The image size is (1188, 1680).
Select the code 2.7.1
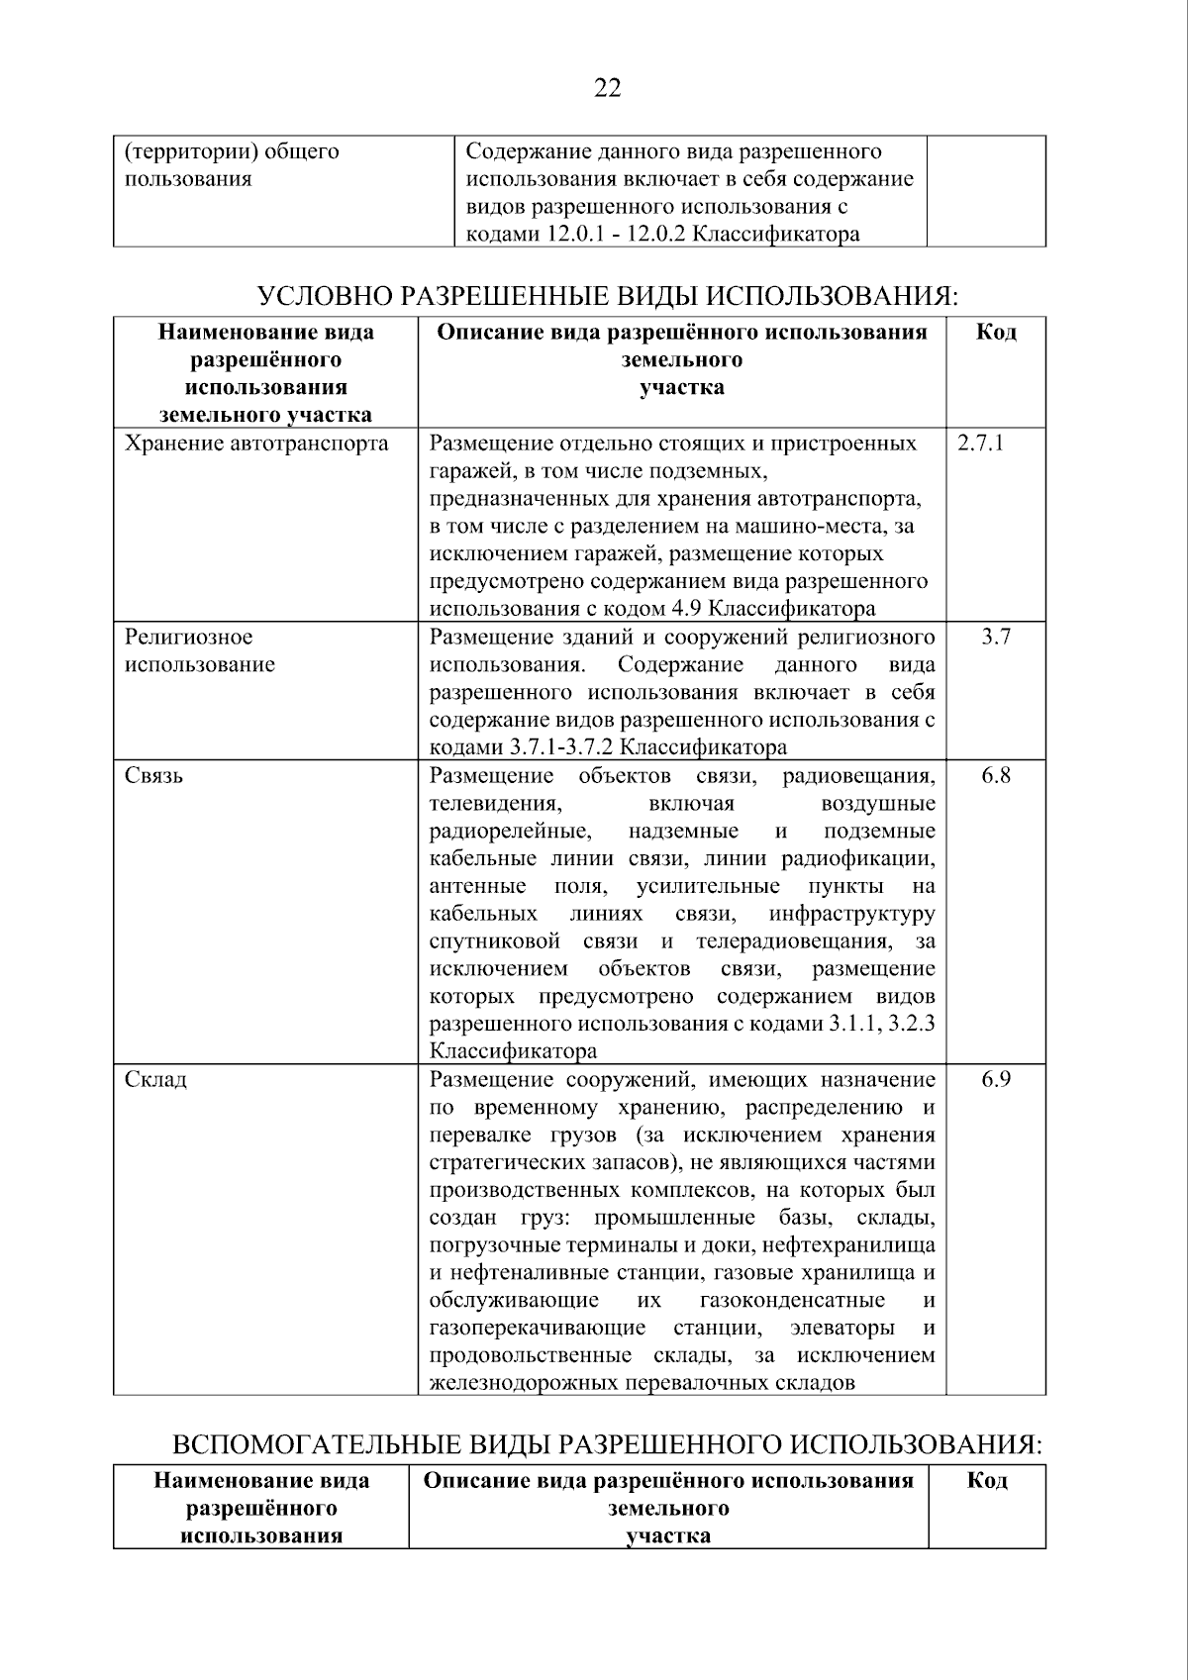click(x=980, y=443)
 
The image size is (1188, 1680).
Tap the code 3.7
click(x=996, y=637)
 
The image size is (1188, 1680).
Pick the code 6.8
click(x=996, y=775)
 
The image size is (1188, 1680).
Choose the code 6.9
click(x=996, y=1079)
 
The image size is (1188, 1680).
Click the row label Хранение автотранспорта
click(x=256, y=443)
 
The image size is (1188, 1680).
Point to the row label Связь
click(x=153, y=775)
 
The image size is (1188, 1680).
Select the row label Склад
click(x=155, y=1079)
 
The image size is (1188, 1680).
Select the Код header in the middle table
click(x=996, y=333)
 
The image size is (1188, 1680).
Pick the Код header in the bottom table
click(x=987, y=1481)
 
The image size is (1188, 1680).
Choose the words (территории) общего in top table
click(x=232, y=151)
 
